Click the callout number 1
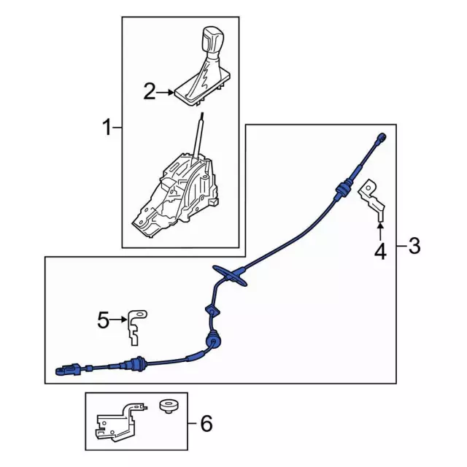coord(107,129)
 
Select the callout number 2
coord(150,92)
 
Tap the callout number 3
coord(414,247)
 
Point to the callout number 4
coord(379,252)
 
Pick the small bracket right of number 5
coord(136,324)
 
